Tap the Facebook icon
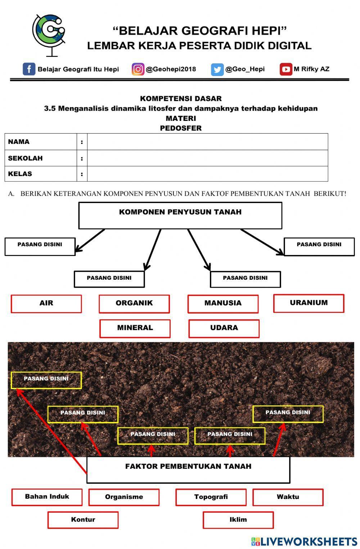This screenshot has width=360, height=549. tap(29, 69)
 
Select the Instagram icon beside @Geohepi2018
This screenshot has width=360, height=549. tap(138, 69)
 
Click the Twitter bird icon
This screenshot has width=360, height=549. tap(217, 69)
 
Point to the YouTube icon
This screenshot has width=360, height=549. tap(286, 69)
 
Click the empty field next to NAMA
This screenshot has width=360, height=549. tap(207, 142)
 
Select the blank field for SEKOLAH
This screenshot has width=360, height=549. tap(207, 158)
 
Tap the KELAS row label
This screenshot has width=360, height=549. tap(20, 174)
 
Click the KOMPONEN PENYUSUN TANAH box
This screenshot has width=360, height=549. tap(180, 215)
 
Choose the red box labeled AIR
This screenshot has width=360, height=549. tap(46, 303)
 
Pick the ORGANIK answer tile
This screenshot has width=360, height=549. tap(134, 303)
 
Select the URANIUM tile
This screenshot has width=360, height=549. tap(309, 303)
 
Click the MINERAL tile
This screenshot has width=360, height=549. tap(135, 328)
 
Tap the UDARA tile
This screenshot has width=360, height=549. tap(224, 328)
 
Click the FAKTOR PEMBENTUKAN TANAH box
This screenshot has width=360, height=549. tap(188, 469)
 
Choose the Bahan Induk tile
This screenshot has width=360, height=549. tap(47, 497)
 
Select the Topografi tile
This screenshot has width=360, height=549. tap(211, 497)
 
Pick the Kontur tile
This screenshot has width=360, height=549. tap(83, 520)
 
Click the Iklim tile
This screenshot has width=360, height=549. tap(238, 520)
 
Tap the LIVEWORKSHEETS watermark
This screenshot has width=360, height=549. tap(304, 541)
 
